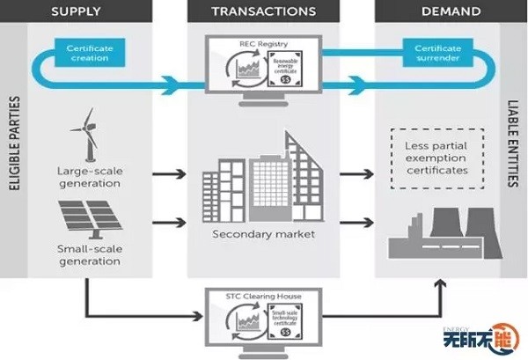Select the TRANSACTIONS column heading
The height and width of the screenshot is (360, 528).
263,12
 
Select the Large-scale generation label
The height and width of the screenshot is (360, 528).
89,177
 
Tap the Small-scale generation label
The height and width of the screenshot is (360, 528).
89,255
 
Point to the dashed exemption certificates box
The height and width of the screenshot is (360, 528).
436,158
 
